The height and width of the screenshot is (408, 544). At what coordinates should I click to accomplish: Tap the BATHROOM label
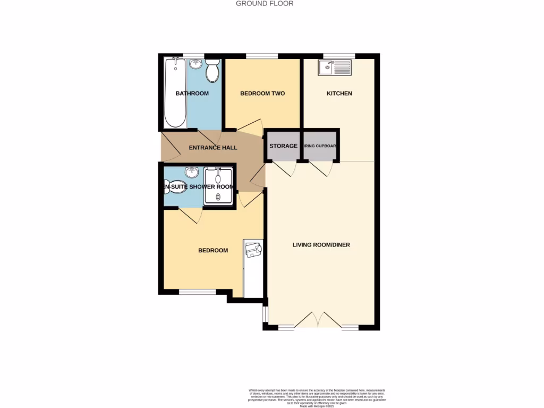(192, 93)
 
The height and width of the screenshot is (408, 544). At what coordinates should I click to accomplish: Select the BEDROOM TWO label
(262, 93)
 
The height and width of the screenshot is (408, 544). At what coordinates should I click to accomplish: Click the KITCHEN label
(339, 93)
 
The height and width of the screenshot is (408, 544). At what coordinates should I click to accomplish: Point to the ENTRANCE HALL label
(213, 148)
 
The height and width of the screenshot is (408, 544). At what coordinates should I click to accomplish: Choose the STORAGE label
(283, 146)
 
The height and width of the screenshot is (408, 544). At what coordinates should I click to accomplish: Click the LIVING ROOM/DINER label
(321, 245)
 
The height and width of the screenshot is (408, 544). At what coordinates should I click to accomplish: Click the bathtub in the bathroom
(174, 93)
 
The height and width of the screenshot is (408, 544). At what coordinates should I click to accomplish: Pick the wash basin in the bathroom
(195, 64)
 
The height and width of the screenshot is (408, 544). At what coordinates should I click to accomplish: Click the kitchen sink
(334, 67)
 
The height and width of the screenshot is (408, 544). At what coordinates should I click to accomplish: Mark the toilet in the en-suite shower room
(175, 187)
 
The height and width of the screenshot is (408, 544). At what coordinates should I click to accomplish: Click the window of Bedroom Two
(262, 56)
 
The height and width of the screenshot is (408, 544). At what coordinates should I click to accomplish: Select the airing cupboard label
(320, 146)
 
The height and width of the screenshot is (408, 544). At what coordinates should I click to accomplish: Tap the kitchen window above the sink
(339, 56)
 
